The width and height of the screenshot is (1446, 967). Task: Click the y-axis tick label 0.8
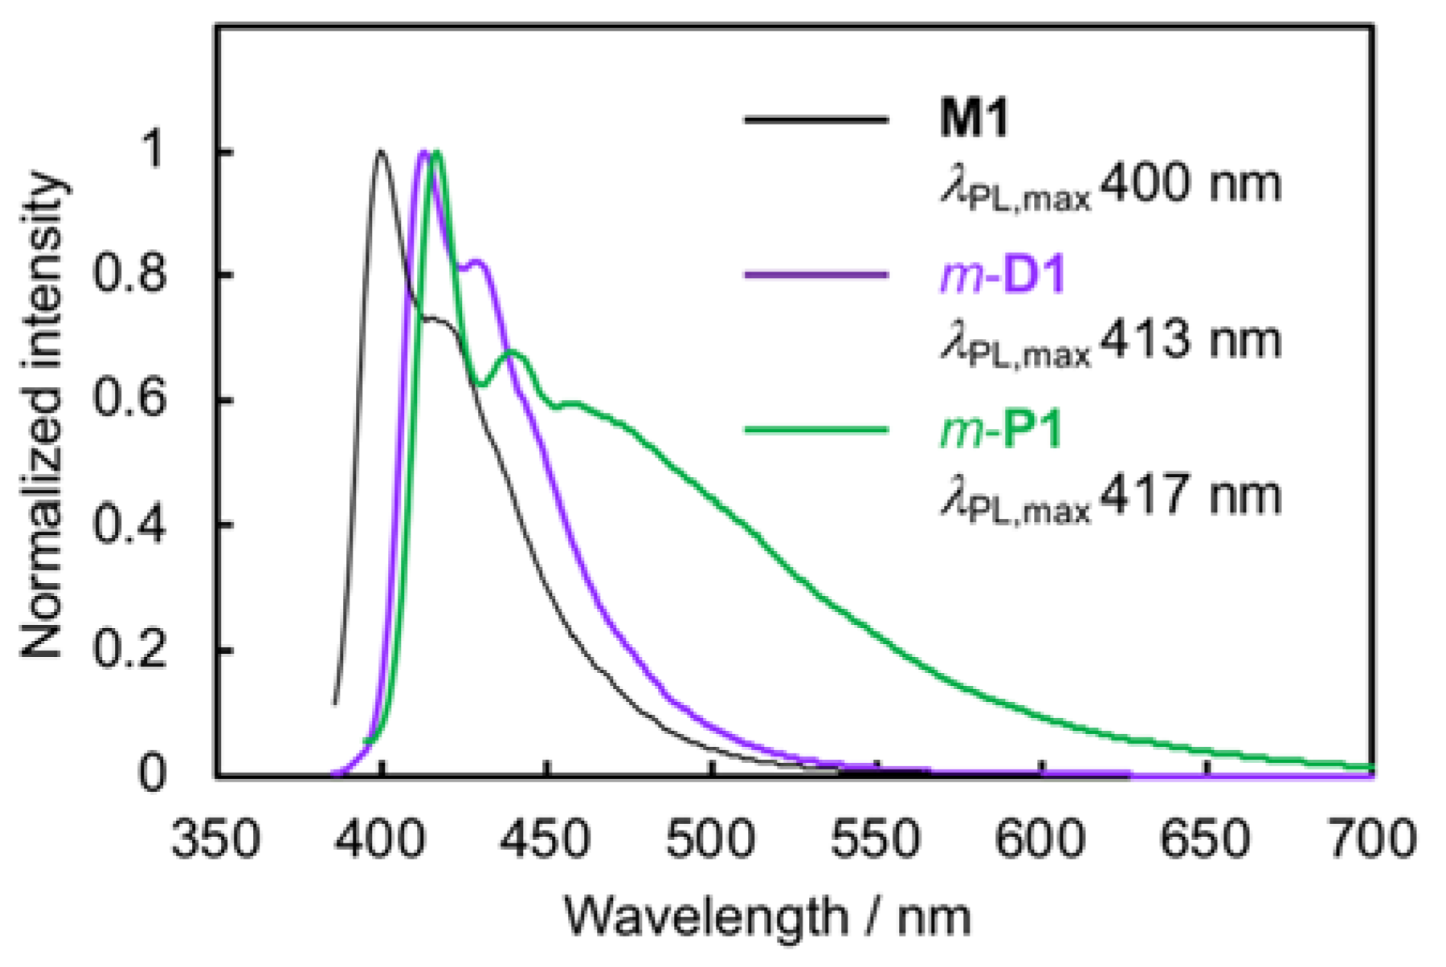130,275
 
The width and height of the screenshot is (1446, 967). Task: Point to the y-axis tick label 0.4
130,525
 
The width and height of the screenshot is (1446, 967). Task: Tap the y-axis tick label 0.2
130,650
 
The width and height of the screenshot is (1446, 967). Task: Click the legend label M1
974,119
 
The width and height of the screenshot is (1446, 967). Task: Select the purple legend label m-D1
1003,275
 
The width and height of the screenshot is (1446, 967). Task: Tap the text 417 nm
1191,496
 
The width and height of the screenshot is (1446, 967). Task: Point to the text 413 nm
1191,340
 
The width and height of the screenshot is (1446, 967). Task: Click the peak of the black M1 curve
381,151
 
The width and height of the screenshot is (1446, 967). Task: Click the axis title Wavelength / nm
767,916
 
